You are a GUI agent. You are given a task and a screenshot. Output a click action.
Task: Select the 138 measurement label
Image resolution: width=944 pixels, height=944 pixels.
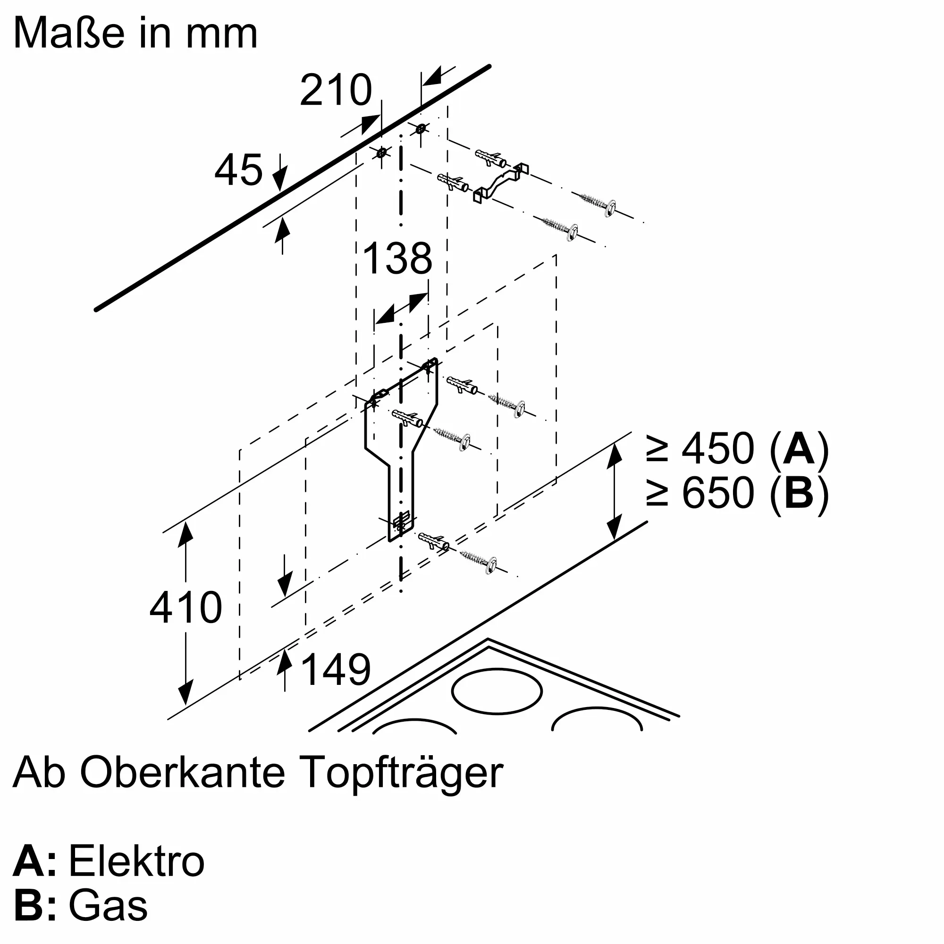398,258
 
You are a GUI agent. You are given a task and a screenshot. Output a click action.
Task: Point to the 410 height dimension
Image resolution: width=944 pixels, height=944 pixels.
185,607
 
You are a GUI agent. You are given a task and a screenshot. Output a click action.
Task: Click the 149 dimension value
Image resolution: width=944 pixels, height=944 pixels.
336,669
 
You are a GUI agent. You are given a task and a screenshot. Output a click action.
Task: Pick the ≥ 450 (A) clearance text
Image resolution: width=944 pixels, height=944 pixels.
738,448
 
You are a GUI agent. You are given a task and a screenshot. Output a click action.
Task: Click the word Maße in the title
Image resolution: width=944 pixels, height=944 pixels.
68,33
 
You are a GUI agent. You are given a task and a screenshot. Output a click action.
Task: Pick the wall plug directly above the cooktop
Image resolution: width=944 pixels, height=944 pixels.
434,542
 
